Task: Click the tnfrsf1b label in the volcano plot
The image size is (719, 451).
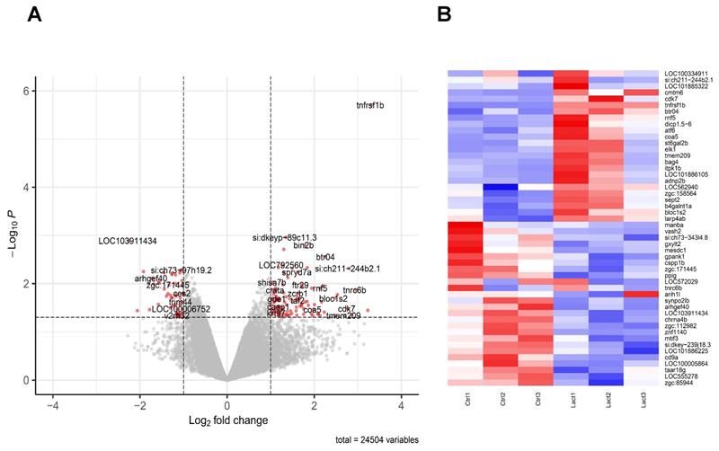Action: pos(369,106)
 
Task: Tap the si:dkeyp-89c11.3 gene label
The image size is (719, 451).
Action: pos(285,238)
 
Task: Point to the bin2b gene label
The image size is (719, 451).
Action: pos(304,245)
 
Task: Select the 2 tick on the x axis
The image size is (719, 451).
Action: pos(315,396)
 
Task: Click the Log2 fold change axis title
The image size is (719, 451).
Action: pos(226,420)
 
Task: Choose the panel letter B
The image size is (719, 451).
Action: pos(444,15)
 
